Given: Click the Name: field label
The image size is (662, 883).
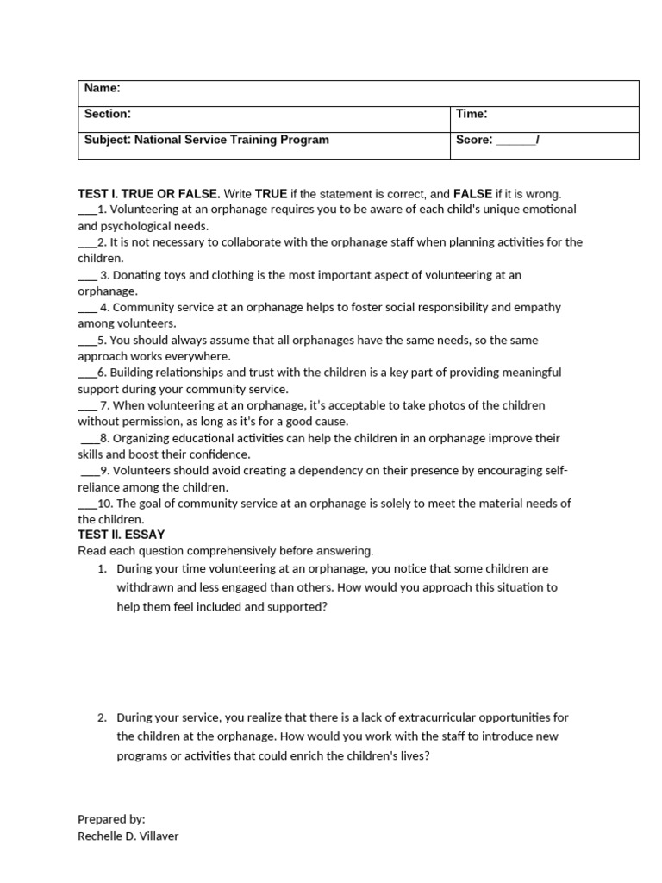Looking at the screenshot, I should pos(102,88).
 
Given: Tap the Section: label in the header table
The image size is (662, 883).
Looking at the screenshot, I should pos(107,114).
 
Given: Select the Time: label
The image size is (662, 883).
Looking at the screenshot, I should pos(472,114).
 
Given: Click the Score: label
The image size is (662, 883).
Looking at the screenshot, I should pos(474,140).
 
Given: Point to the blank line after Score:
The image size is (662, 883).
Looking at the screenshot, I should pos(515,141).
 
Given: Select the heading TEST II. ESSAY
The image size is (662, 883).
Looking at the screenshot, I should pos(121,535).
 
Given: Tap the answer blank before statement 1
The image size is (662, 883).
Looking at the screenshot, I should pos(86,210).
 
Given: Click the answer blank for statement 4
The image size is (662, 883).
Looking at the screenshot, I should pos(87,309).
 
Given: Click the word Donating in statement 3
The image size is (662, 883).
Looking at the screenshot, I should pos(136,275).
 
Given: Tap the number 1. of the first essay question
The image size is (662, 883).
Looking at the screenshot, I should pos(101,569).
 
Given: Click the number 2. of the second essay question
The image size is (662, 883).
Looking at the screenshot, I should pos(101,717).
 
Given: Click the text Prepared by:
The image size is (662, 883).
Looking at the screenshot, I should pos(111,819).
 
